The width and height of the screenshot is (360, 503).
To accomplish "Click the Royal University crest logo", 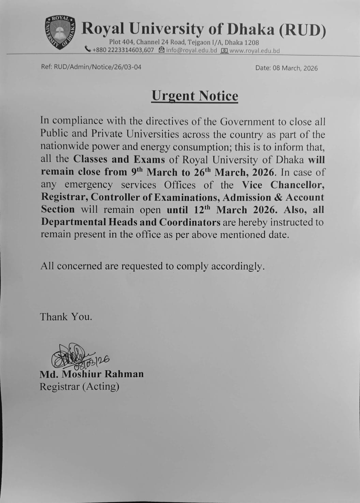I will pyautogui.click(x=60, y=32).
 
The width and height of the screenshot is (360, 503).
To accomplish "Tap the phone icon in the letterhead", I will pyautogui.click(x=88, y=49).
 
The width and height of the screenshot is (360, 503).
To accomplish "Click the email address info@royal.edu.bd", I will pyautogui.click(x=192, y=50).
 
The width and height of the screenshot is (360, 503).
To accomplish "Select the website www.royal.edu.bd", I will pyautogui.click(x=254, y=51).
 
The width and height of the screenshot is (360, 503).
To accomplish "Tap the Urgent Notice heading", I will pyautogui.click(x=195, y=96).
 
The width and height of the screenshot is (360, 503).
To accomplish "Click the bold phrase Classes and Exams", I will pyautogui.click(x=119, y=159).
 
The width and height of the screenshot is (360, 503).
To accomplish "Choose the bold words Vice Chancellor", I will pyautogui.click(x=283, y=185).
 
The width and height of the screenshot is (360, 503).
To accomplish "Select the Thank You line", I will pyautogui.click(x=66, y=317).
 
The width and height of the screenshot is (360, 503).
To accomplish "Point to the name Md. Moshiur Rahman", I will pyautogui.click(x=92, y=374).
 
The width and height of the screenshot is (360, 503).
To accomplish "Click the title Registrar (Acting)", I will pyautogui.click(x=79, y=387).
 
